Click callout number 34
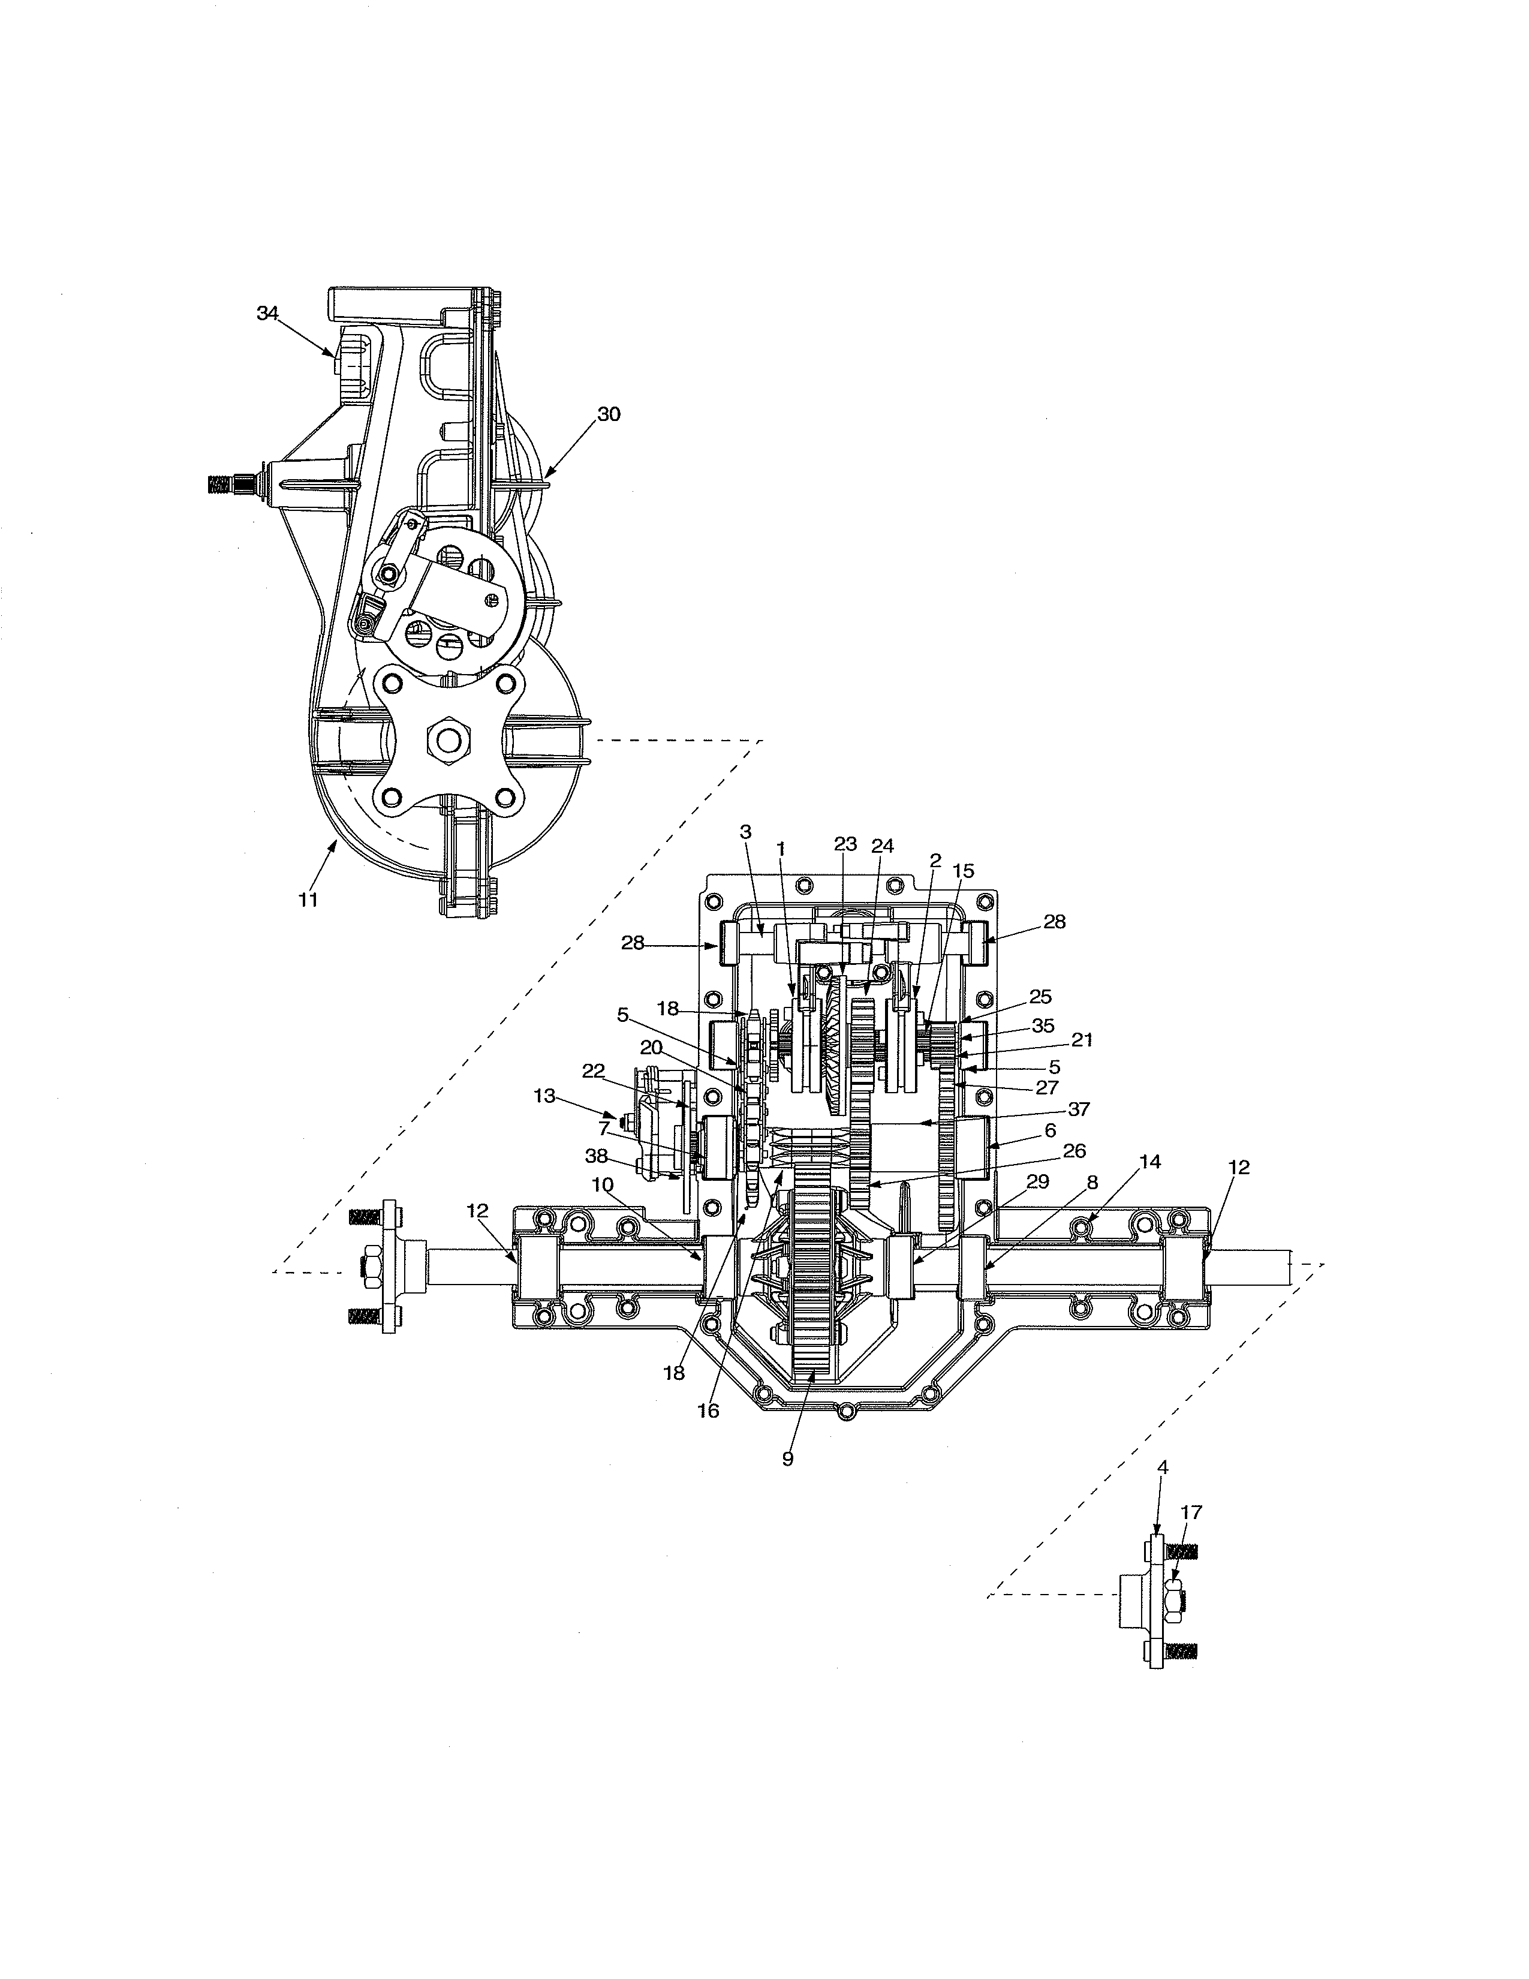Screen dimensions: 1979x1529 (267, 314)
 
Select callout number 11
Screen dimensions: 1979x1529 (308, 900)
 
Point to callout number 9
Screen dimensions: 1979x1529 (787, 1459)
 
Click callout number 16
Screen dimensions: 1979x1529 (708, 1411)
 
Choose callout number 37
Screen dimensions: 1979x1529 (1078, 1109)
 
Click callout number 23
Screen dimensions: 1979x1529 (845, 844)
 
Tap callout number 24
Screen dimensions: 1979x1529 (882, 846)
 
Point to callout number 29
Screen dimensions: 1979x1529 (1038, 1181)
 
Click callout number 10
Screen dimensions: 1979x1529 (603, 1184)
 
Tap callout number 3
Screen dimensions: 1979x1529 (745, 831)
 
